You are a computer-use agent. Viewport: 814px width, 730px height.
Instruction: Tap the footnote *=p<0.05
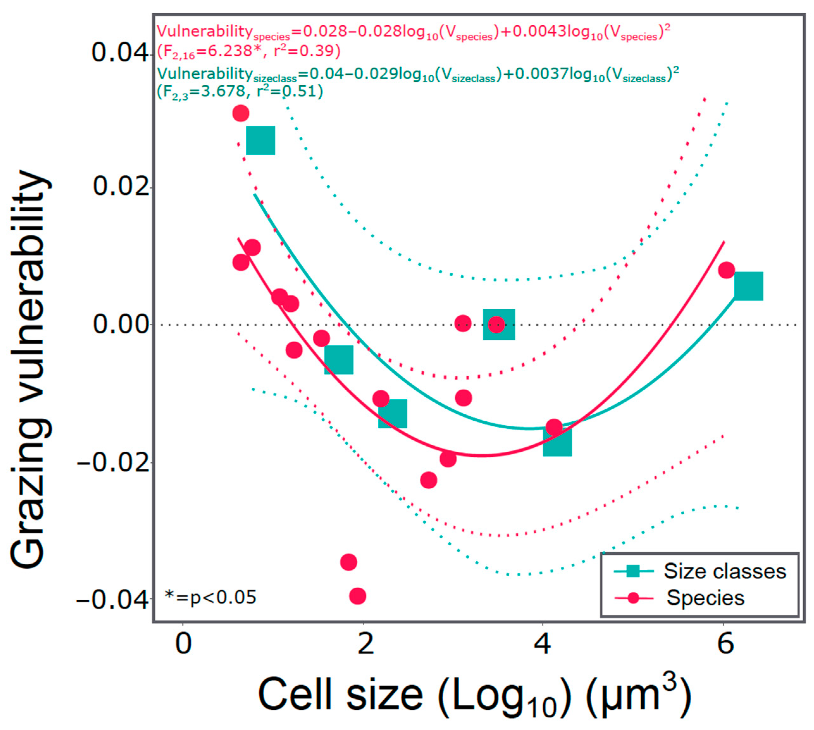[x=211, y=597]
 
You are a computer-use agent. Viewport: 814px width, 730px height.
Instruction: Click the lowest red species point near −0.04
[x=358, y=596]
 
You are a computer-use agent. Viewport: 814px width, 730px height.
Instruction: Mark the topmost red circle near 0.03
[x=241, y=114]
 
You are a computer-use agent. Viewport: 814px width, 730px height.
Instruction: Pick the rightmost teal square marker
[x=748, y=286]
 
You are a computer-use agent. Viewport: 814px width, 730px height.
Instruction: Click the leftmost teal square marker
[x=261, y=140]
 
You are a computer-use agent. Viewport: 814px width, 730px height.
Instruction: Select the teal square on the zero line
[x=499, y=324]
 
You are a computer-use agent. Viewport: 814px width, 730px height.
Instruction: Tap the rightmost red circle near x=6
[x=726, y=270]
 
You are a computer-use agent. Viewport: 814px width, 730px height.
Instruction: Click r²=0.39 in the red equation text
[x=307, y=51]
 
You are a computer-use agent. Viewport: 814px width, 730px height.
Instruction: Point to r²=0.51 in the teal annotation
[x=289, y=91]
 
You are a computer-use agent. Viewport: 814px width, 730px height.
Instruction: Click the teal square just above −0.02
[x=557, y=442]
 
